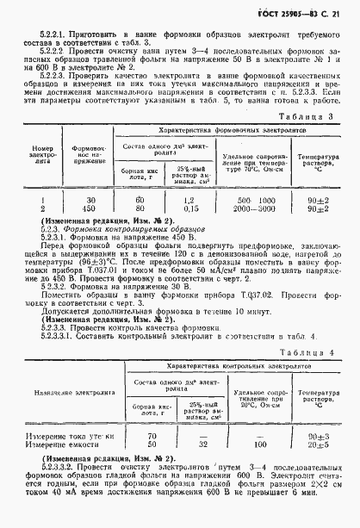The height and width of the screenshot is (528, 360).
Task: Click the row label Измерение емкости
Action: [53, 445]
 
